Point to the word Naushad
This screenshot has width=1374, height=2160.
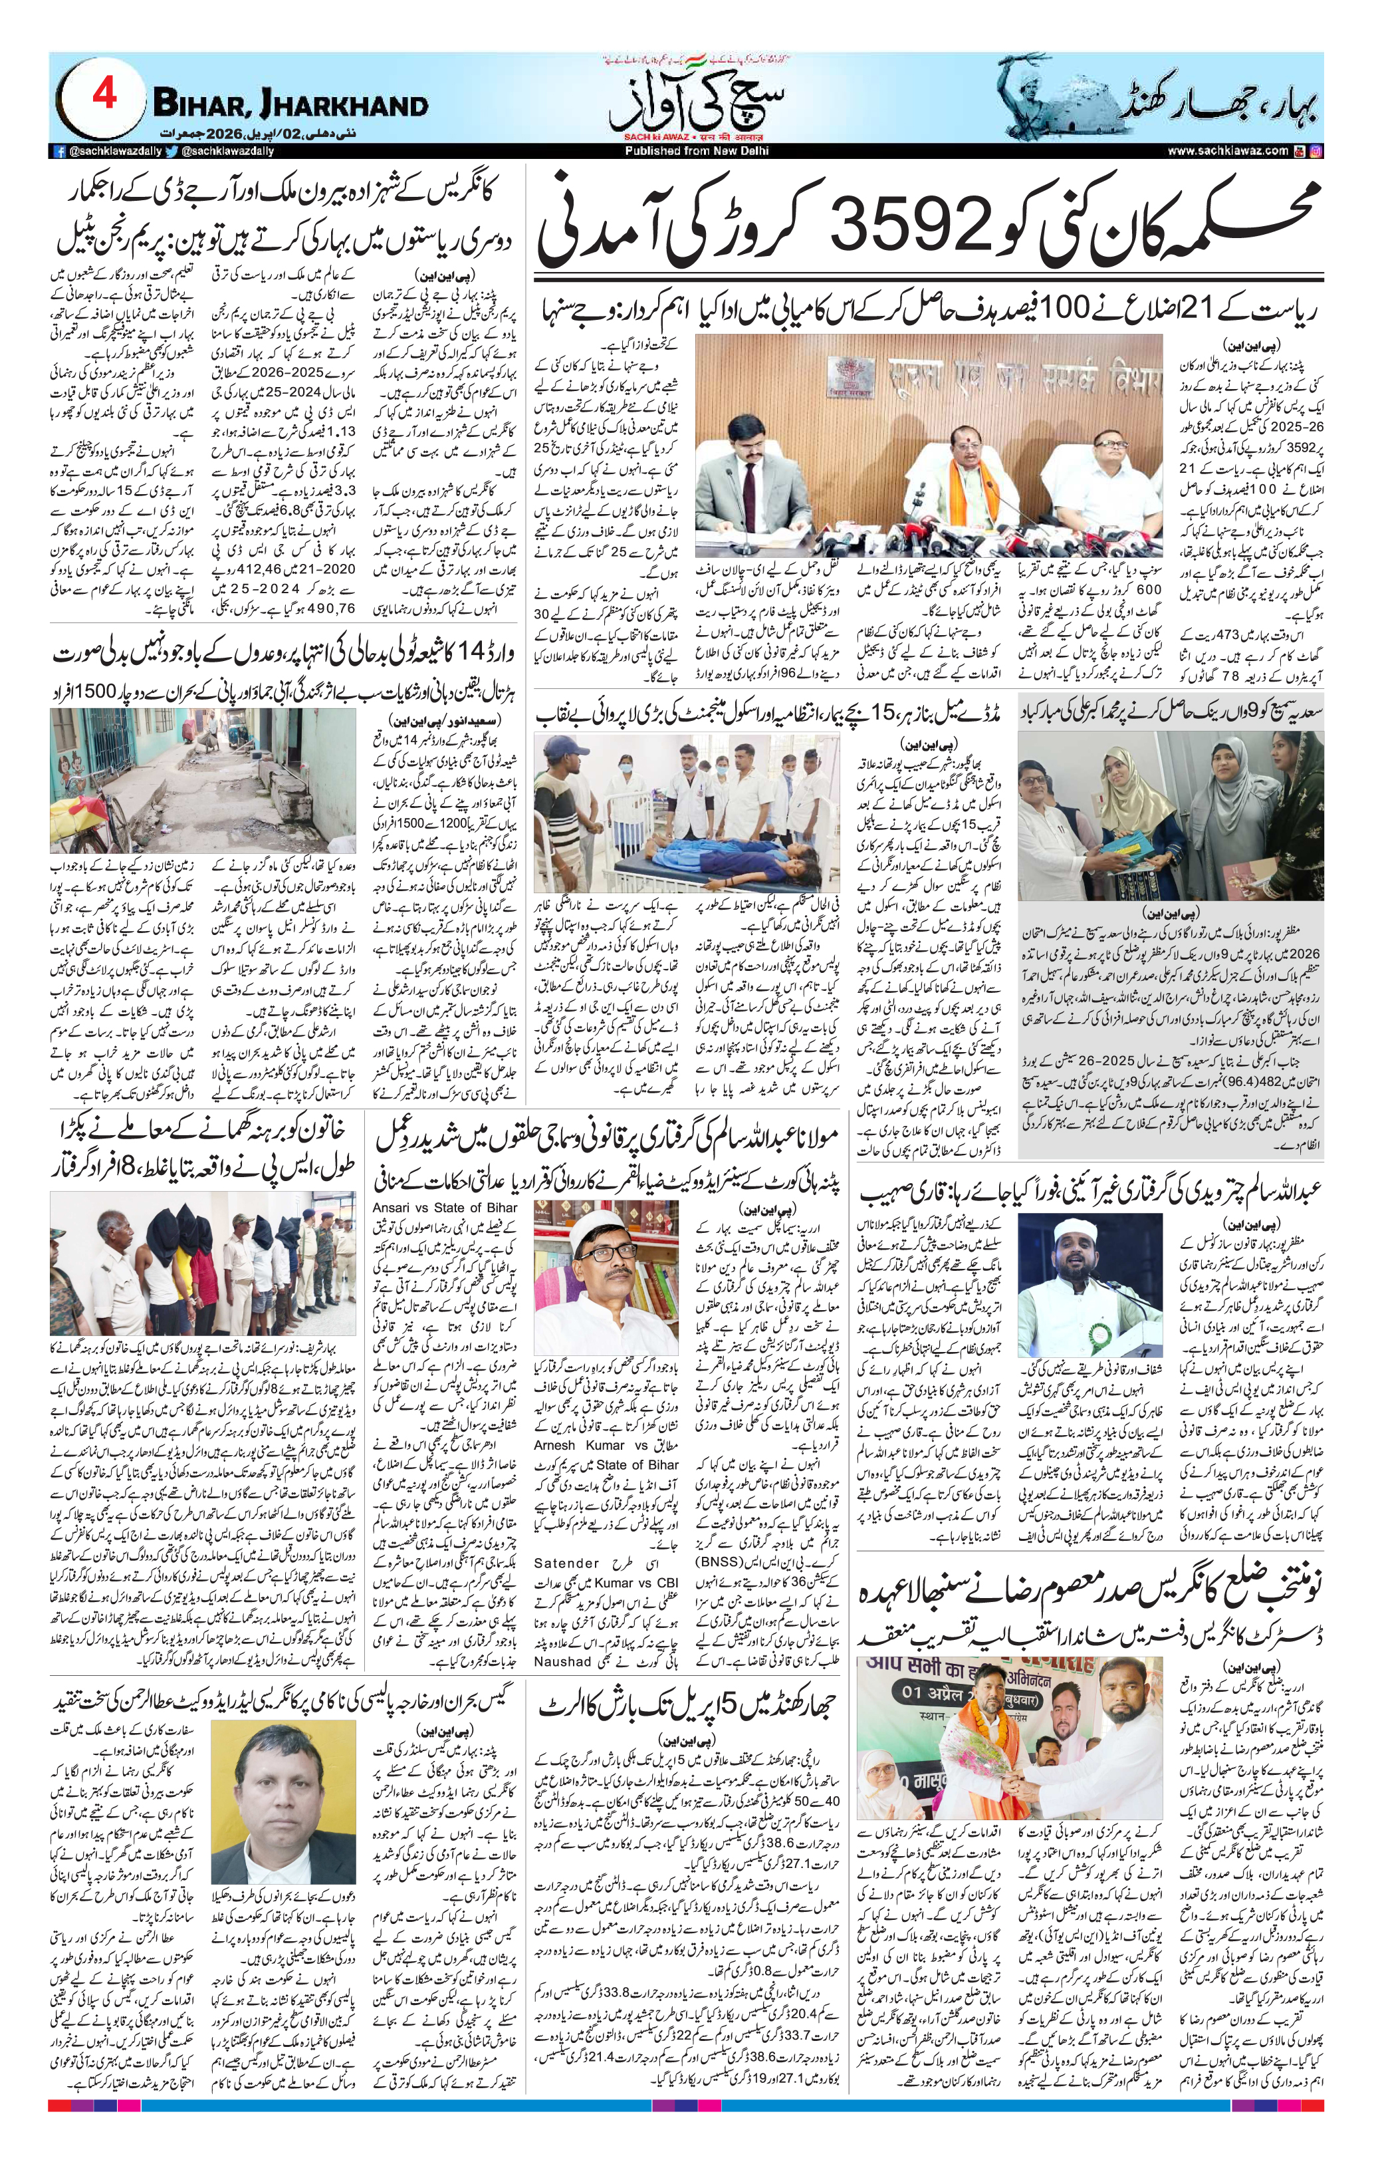click(562, 1661)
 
